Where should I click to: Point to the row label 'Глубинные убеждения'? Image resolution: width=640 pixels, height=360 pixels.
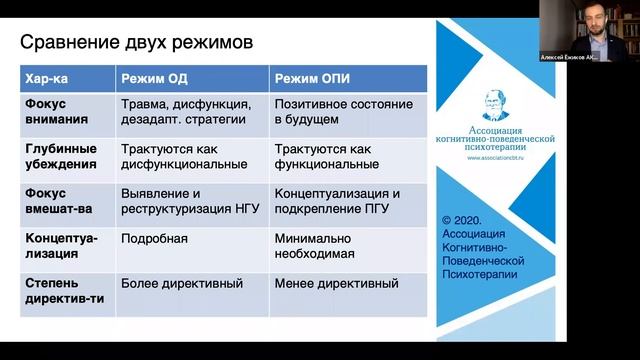tap(60, 156)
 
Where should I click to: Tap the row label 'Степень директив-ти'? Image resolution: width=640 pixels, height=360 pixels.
tap(65, 291)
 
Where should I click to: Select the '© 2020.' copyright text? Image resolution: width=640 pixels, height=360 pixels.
tap(463, 216)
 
